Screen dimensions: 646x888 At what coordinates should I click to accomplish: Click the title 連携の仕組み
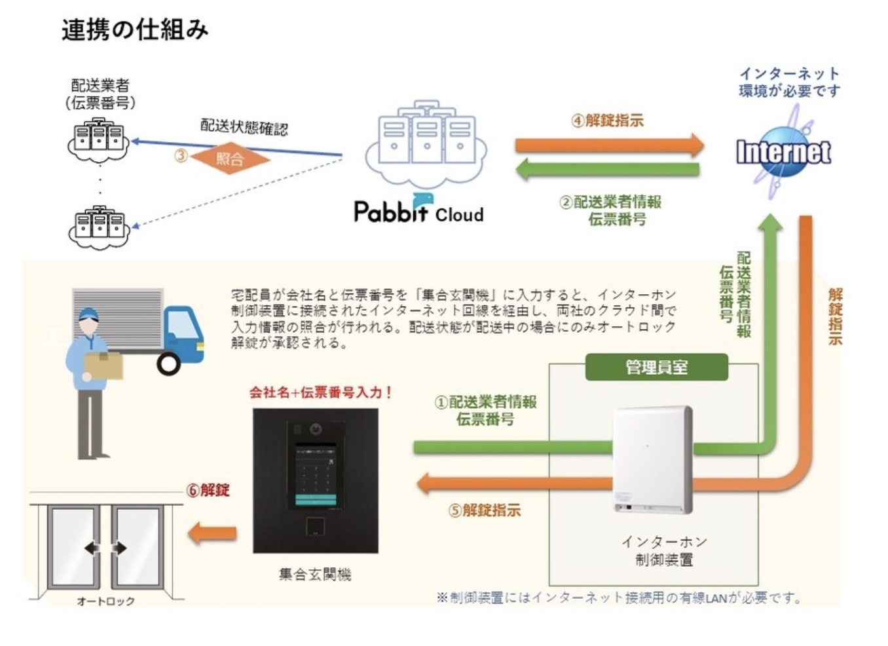[135, 30]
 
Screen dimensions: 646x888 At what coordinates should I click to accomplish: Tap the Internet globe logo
[783, 152]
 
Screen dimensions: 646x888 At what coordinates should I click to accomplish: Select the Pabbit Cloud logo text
[418, 210]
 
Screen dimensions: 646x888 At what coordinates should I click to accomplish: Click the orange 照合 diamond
[230, 158]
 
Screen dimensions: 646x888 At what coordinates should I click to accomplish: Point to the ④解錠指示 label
[607, 121]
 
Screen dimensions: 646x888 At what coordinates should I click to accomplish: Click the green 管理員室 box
[656, 367]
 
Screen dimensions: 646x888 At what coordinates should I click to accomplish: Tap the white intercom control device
[652, 459]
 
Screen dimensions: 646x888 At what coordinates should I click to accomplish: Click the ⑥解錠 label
[208, 490]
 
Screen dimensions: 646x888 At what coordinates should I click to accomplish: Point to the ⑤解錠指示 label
[485, 510]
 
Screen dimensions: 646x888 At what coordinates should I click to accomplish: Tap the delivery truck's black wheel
[168, 363]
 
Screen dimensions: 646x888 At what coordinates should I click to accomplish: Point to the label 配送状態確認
[244, 126]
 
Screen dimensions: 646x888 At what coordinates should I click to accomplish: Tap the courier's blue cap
[88, 315]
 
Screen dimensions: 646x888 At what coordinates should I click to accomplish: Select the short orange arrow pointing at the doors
[212, 533]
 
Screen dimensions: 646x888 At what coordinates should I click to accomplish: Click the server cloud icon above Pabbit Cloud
[426, 143]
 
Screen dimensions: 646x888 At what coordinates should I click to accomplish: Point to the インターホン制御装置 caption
[664, 550]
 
